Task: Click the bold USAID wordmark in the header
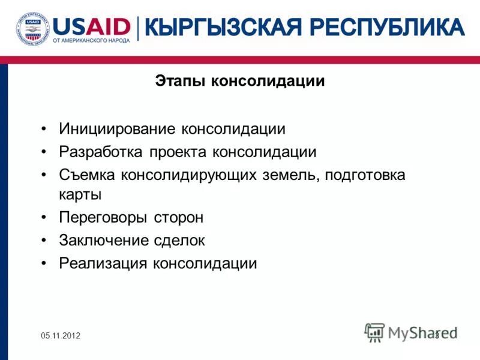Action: pyautogui.click(x=92, y=26)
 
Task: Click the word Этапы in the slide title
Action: pyautogui.click(x=181, y=81)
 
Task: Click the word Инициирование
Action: pyautogui.click(x=118, y=129)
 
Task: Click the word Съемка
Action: pyautogui.click(x=88, y=175)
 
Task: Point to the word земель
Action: pyautogui.click(x=294, y=175)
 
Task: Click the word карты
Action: pyautogui.click(x=80, y=194)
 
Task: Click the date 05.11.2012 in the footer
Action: pyautogui.click(x=61, y=335)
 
